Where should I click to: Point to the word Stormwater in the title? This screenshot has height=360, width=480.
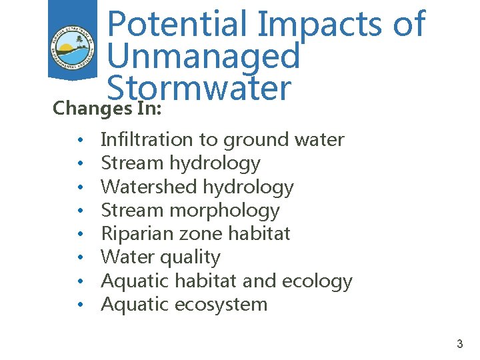point(199,89)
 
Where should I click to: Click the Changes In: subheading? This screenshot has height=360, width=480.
point(107,108)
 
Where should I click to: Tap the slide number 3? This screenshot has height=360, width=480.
point(459,344)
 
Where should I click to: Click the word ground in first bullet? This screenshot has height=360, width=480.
point(253,139)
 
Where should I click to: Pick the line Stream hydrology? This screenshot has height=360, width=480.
point(180,163)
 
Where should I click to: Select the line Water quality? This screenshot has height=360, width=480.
point(160,257)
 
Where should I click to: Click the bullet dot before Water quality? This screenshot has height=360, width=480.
point(79,258)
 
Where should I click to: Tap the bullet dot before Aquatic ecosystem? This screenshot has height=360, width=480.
point(79,305)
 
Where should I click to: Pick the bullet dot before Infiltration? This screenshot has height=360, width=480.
point(79,140)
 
